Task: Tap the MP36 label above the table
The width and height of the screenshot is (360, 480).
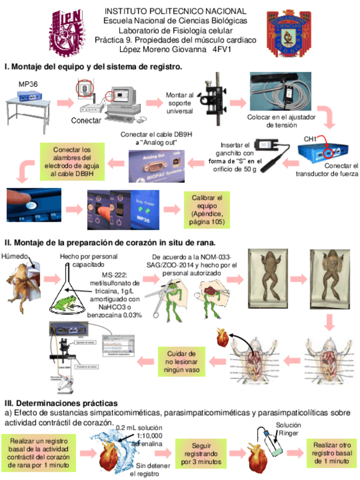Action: coord(28,84)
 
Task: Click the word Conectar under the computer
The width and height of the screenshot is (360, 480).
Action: coord(86,121)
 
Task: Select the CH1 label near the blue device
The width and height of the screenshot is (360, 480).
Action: coord(311,139)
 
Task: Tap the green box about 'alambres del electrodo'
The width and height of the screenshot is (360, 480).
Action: coord(67,162)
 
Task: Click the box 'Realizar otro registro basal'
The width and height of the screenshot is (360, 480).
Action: coord(330,453)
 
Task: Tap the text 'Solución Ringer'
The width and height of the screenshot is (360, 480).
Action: coord(288,429)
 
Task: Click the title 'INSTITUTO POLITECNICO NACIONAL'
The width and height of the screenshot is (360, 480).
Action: coord(176,11)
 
